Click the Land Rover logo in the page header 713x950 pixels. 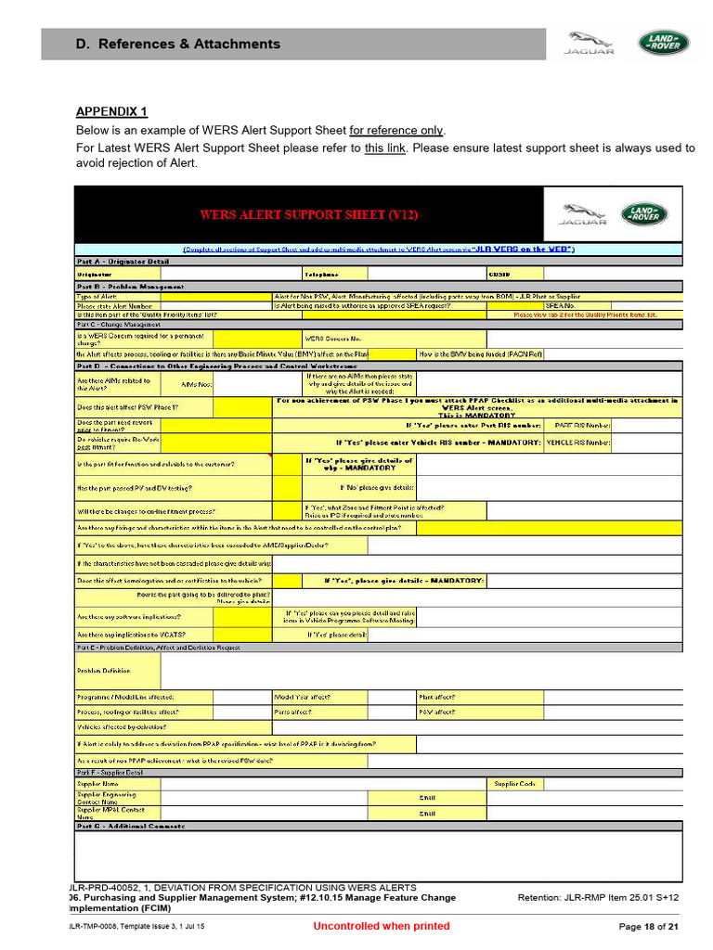click(663, 43)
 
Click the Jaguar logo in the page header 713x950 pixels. click(590, 43)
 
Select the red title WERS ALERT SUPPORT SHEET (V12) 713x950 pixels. click(309, 214)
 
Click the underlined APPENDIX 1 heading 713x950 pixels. click(111, 112)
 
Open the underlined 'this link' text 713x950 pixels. click(384, 148)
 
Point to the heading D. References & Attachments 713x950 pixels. click(177, 44)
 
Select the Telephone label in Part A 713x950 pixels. click(322, 274)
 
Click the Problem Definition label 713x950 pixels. click(103, 671)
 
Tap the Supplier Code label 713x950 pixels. click(514, 784)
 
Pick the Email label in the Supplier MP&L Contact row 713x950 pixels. click(426, 814)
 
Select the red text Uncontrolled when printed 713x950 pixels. click(381, 926)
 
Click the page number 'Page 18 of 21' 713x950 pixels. click(648, 926)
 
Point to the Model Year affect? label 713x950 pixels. click(303, 697)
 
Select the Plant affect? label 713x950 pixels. click(436, 697)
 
